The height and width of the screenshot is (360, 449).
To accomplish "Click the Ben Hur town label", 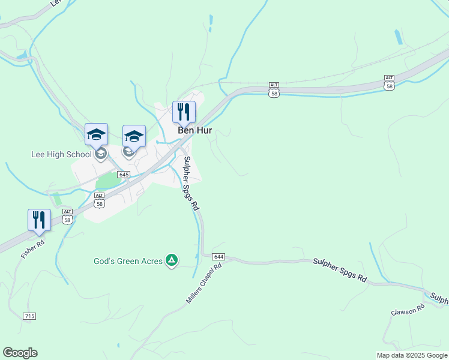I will tap(194, 130).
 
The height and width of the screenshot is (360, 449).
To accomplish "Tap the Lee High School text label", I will tap(61, 154).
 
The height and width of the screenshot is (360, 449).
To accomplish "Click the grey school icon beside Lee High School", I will tap(101, 154).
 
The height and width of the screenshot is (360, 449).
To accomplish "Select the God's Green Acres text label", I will tap(128, 262).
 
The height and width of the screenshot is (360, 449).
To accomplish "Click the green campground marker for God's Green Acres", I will tap(172, 260).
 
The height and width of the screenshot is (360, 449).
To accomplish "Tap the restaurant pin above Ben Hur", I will tap(184, 112).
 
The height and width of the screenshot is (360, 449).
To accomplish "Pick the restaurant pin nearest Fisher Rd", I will tap(39, 220).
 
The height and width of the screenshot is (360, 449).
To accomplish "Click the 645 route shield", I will tap(124, 175).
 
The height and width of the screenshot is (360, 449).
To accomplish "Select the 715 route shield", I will tap(29, 316).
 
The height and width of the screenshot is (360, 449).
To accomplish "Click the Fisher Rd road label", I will tap(32, 249).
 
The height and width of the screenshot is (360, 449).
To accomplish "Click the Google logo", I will tap(20, 353).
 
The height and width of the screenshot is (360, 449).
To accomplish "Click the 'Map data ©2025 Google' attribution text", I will tap(411, 355).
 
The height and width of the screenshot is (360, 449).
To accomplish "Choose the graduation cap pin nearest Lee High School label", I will tap(96, 136).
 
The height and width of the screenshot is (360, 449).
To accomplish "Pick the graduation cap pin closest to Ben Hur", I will tap(134, 136).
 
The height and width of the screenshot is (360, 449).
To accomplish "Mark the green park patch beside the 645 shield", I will tap(107, 180).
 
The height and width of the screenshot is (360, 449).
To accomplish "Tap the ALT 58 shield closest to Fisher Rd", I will tap(67, 215).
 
